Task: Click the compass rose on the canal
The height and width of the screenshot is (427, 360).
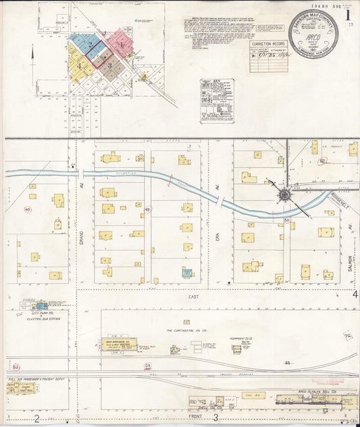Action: (284, 195)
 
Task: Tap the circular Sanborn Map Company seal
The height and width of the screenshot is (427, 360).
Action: (313, 33)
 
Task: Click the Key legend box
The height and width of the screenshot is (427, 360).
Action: (216, 101)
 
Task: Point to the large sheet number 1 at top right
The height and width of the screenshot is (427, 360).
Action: (347, 14)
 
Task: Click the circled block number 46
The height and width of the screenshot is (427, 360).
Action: (28, 209)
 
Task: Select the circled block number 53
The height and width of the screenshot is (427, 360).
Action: (16, 366)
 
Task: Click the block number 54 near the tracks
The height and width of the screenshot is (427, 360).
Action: (147, 366)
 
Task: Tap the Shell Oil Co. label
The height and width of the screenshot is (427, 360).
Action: (202, 407)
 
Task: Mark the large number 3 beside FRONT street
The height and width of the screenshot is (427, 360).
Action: (215, 418)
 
